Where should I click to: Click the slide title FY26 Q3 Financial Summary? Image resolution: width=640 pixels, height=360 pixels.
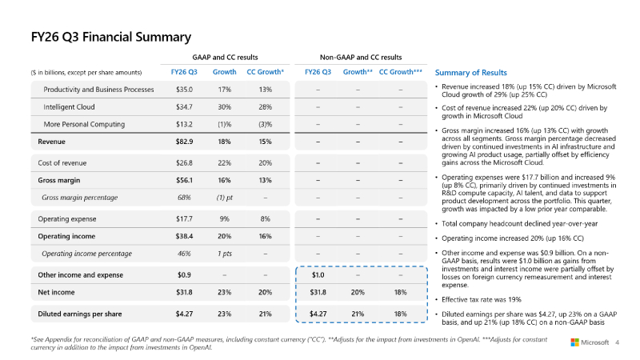click(x=111, y=37)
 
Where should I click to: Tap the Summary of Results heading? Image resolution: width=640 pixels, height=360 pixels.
click(x=470, y=73)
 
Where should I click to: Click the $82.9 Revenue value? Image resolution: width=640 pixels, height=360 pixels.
click(x=185, y=142)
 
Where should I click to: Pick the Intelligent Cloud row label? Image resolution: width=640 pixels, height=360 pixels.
click(x=69, y=107)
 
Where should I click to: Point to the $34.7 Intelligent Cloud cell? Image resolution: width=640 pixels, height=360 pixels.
click(x=185, y=107)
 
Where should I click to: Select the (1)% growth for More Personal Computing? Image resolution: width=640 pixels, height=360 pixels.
click(x=225, y=124)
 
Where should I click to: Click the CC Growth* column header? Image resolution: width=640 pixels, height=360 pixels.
click(x=266, y=72)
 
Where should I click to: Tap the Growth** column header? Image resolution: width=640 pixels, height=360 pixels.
click(x=358, y=72)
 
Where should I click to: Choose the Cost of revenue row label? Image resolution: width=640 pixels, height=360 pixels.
click(x=62, y=163)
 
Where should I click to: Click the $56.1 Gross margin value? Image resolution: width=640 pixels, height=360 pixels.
click(x=185, y=180)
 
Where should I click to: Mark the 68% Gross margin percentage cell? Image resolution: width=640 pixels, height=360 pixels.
click(x=184, y=198)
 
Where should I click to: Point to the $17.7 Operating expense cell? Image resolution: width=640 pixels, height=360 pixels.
click(x=185, y=218)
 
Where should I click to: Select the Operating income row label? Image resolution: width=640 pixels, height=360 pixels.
click(x=66, y=236)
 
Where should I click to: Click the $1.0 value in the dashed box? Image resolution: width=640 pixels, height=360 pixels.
click(x=318, y=275)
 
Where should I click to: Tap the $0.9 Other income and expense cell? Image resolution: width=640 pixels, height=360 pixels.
click(x=184, y=275)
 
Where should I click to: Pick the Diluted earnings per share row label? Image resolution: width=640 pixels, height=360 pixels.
click(x=80, y=314)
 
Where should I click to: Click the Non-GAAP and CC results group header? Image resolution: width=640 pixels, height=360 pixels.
click(x=361, y=58)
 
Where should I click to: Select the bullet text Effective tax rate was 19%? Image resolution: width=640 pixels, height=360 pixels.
click(x=482, y=299)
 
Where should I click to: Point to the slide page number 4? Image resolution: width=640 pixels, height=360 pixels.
click(x=617, y=342)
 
